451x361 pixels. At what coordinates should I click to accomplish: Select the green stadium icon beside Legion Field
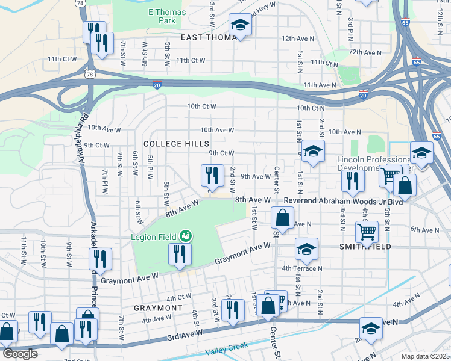(186, 236)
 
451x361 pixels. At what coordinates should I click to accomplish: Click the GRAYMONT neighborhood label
(157, 307)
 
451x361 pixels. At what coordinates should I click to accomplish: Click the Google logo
(19, 354)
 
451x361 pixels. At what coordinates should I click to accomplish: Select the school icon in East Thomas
(239, 25)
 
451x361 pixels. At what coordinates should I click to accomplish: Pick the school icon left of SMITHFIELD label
(306, 249)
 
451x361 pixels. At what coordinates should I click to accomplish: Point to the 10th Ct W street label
(201, 106)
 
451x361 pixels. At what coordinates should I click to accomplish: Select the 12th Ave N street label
(297, 39)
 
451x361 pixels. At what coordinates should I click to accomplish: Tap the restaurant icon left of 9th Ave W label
(212, 175)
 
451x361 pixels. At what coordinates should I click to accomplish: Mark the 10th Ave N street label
(345, 131)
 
